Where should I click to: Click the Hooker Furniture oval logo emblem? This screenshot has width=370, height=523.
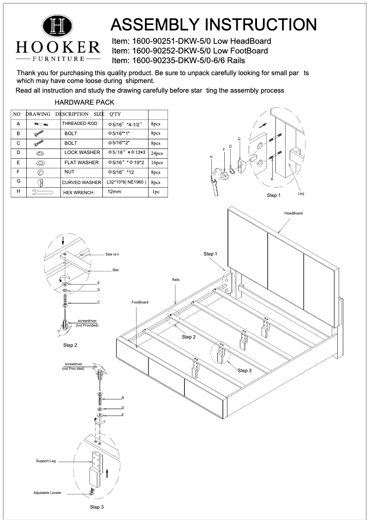tap(58, 26)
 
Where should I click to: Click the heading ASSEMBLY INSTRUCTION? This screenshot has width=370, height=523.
tap(214, 24)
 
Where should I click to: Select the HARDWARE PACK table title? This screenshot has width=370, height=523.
tap(84, 102)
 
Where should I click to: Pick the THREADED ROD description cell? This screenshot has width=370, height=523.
tap(80, 124)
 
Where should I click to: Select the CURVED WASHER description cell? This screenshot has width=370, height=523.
tap(81, 183)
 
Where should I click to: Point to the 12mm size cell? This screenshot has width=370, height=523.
tap(114, 191)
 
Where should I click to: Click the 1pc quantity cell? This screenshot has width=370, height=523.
tap(156, 192)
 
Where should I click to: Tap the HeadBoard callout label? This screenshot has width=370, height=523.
tap(293, 213)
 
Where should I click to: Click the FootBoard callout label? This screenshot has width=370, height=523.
tap(140, 302)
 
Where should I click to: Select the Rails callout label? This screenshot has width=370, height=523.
tap(176, 279)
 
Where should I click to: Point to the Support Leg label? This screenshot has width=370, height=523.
tap(46, 461)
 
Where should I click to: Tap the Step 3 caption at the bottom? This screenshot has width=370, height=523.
tap(96, 507)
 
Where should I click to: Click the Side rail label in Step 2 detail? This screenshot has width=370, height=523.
tap(112, 255)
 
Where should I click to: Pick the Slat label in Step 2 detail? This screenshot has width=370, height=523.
tap(115, 270)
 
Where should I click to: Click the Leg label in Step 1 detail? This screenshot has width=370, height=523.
tap(301, 194)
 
